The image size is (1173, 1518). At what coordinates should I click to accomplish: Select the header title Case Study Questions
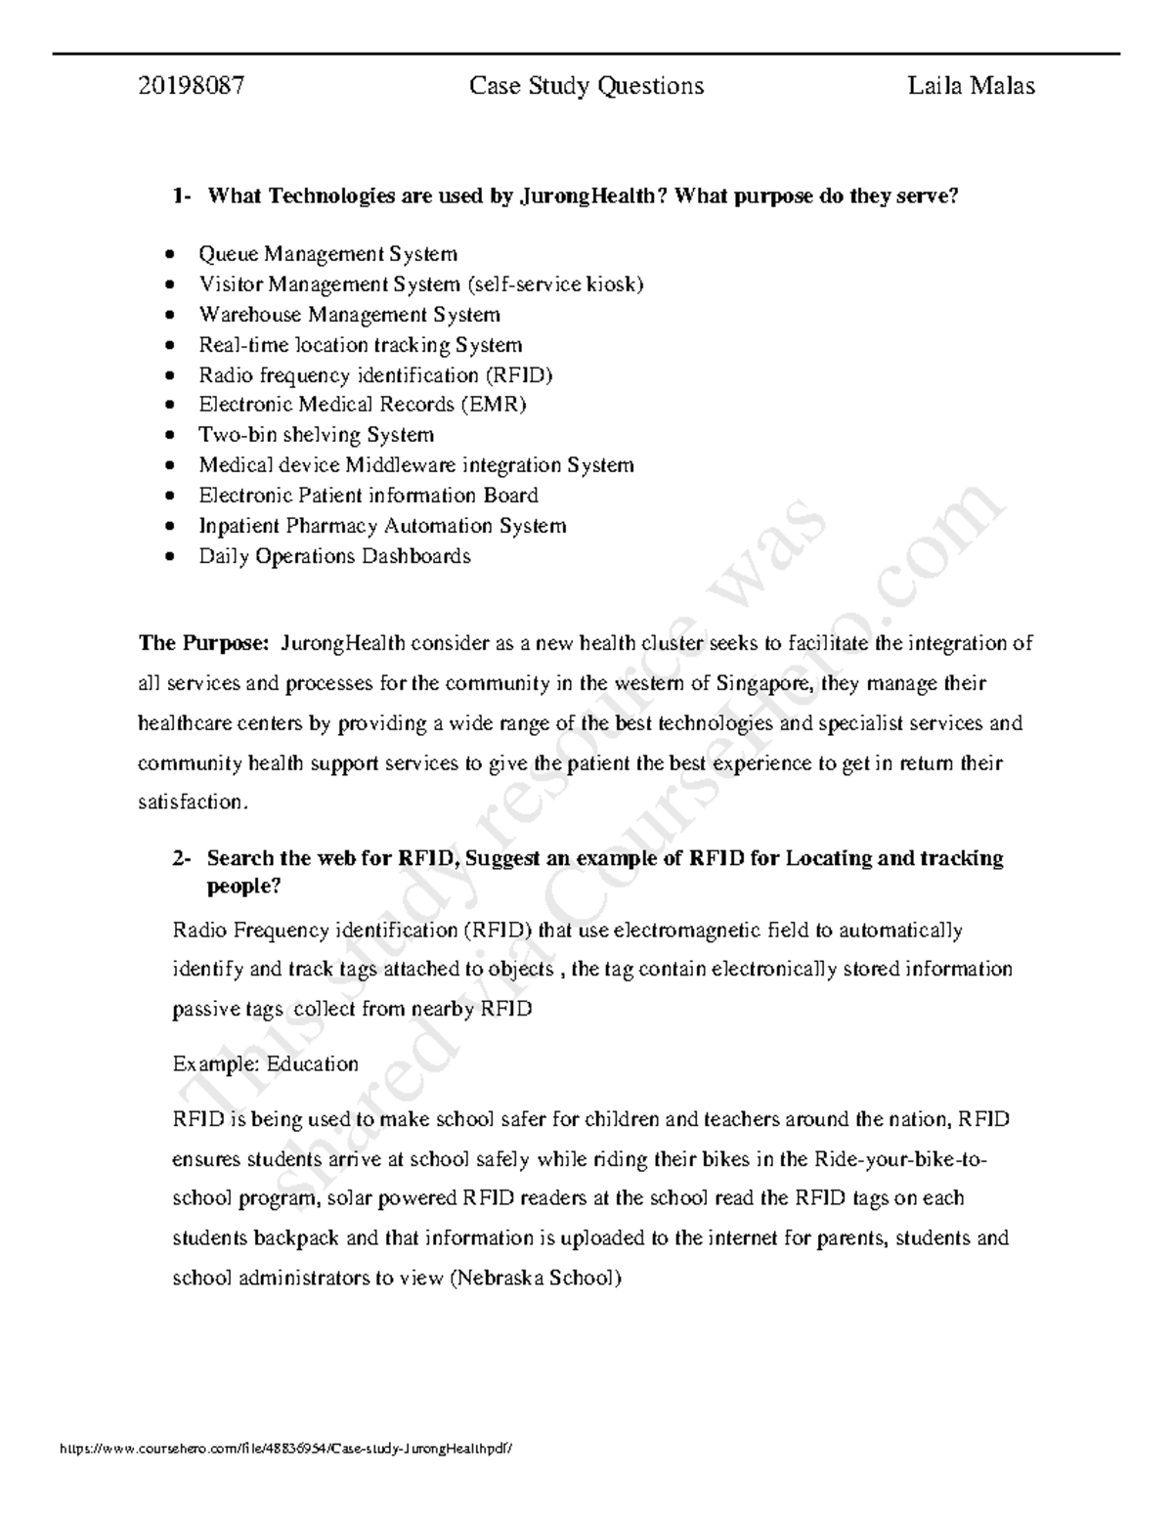[586, 86]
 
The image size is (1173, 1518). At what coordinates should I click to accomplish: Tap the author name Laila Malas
[971, 86]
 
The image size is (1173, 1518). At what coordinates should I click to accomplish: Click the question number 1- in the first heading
[182, 196]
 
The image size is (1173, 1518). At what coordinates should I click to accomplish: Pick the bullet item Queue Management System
[327, 254]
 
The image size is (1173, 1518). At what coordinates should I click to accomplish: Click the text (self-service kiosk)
[555, 284]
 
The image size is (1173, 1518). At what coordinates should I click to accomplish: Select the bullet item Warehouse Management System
[349, 315]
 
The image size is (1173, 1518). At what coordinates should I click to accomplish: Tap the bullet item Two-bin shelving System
[316, 435]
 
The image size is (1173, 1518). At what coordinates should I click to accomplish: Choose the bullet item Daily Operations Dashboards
[334, 556]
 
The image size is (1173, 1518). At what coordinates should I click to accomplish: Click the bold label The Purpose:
[203, 643]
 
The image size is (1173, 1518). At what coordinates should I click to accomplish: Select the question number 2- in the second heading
[182, 858]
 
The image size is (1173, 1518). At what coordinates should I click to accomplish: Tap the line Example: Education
[265, 1063]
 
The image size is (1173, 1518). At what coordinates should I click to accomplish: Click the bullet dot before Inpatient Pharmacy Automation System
[171, 526]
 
